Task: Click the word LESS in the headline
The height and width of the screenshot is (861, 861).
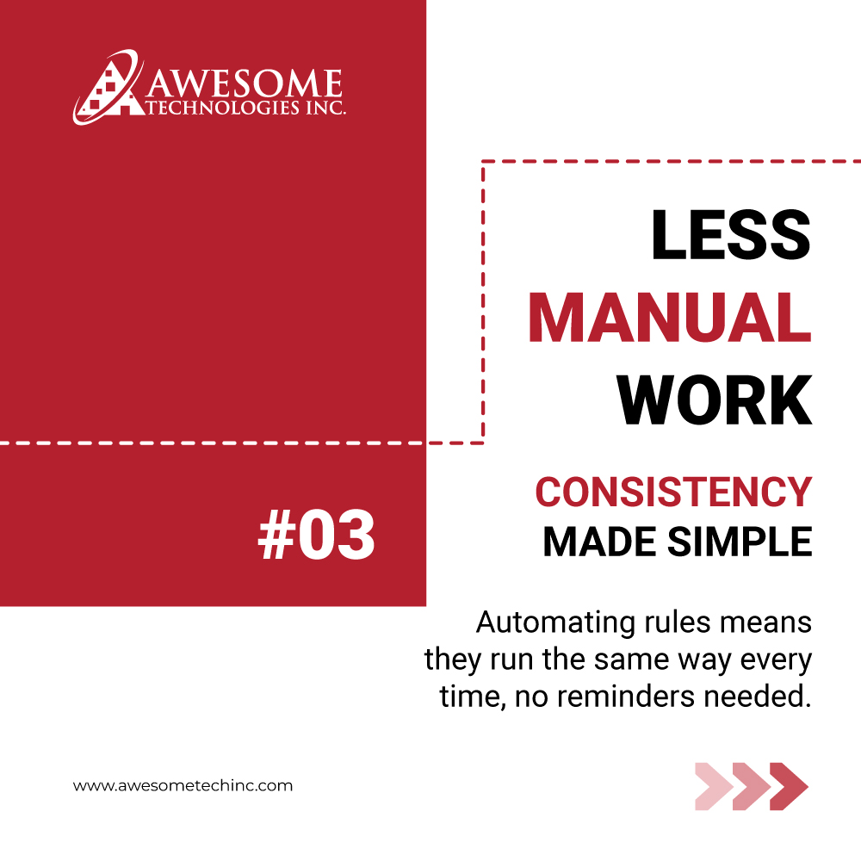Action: [730, 236]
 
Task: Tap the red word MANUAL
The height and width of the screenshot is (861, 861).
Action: [670, 318]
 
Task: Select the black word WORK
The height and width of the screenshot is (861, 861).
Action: [715, 400]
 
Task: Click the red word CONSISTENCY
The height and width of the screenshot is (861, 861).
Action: [673, 492]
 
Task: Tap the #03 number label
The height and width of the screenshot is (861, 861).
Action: [316, 536]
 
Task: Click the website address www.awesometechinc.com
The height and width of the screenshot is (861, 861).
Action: [183, 785]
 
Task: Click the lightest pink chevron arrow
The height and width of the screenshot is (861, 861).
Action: [713, 786]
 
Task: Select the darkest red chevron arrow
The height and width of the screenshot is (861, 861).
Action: [789, 786]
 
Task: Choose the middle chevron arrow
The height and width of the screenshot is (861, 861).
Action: [751, 786]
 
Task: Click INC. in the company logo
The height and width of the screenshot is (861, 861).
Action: [325, 109]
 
